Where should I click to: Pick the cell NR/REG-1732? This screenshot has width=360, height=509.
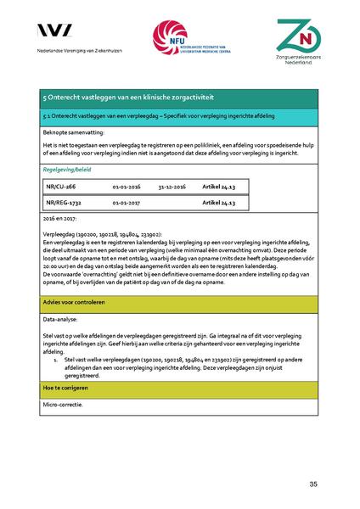point(66,204)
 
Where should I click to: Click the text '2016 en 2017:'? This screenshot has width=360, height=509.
point(60,219)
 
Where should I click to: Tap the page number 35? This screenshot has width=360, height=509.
point(313,484)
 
